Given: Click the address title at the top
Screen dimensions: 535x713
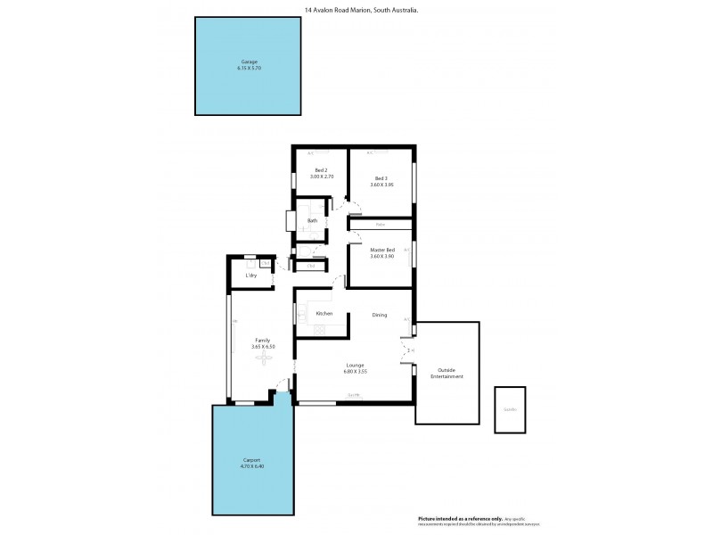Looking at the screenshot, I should pos(356,10).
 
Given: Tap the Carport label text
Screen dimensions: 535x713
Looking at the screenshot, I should pos(254,459).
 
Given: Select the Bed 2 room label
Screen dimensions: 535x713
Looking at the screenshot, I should pos(322,170).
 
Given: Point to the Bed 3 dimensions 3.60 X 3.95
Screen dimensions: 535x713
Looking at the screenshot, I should pos(381,185).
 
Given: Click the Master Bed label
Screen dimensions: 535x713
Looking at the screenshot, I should pos(381,250).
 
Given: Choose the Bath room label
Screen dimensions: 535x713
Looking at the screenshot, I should pos(312,221).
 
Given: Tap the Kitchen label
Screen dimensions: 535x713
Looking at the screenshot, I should pos(324,314).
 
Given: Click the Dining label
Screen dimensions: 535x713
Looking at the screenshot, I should pos(379,314).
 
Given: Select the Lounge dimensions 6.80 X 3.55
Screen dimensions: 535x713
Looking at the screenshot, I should pos(356,372).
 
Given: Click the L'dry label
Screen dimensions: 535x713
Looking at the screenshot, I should pos(252,275).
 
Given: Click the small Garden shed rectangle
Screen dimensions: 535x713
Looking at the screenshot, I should pos(510,409).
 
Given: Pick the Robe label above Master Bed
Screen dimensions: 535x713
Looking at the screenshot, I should pos(381,225).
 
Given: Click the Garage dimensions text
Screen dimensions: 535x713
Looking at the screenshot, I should pos(248,68).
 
